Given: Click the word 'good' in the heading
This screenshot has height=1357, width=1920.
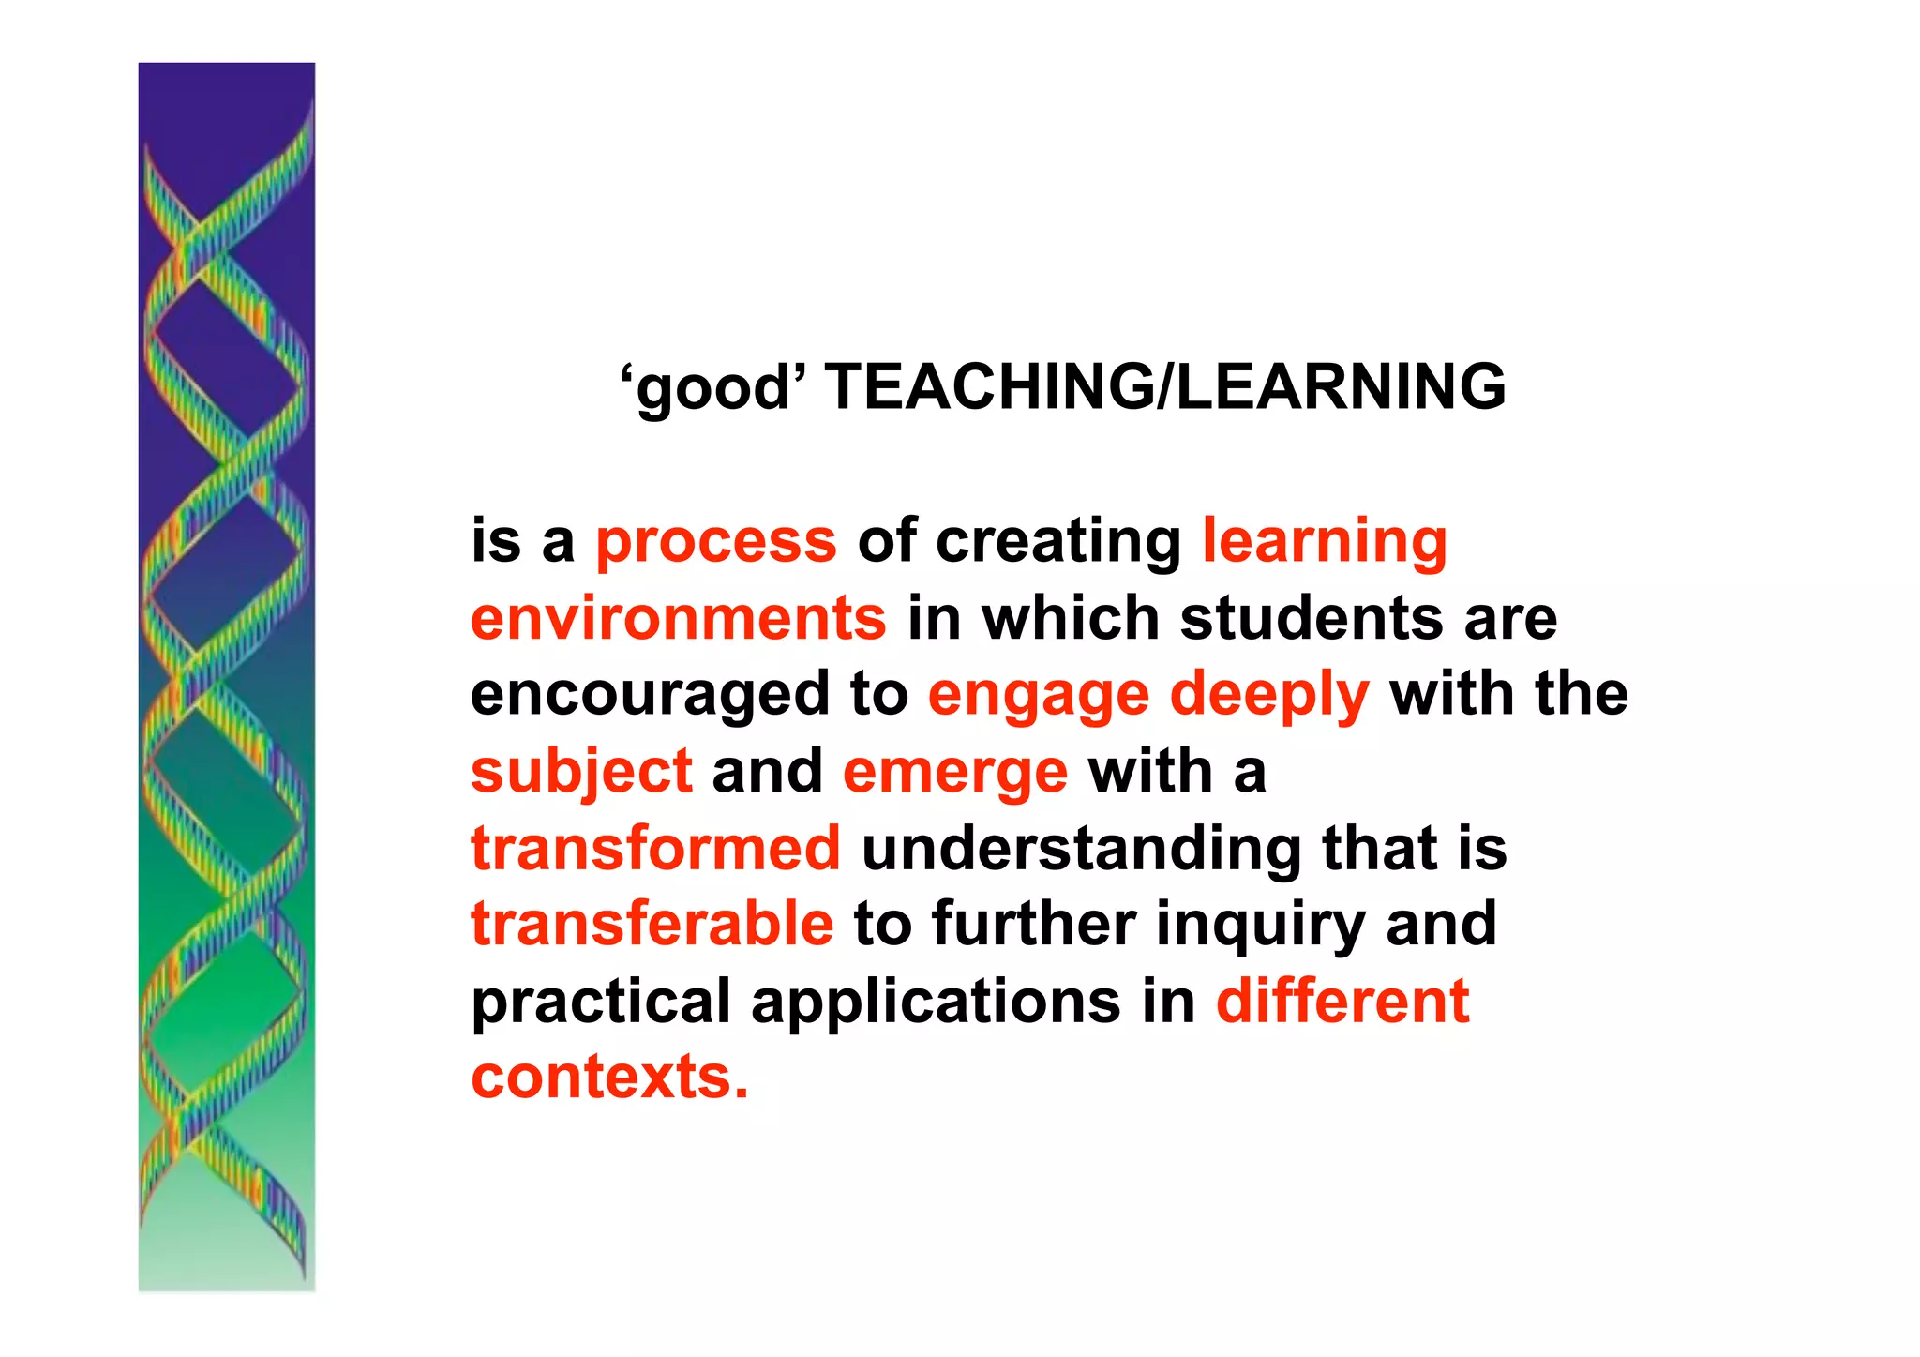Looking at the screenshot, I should click(x=713, y=388).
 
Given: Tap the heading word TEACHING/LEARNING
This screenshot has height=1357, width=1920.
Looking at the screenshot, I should click(x=1165, y=386).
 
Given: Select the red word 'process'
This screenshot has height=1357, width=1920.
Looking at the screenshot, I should click(x=716, y=543).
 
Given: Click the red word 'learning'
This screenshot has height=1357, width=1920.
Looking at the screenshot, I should click(x=1325, y=543).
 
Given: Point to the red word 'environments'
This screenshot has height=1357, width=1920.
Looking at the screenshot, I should click(x=679, y=619).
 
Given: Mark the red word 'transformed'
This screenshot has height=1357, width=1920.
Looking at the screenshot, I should click(x=655, y=849).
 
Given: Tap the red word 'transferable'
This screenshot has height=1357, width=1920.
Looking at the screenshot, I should click(x=652, y=925).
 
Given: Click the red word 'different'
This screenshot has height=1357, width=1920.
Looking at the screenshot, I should click(x=1342, y=1001).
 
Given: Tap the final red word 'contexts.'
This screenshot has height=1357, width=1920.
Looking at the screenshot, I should click(x=609, y=1078).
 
